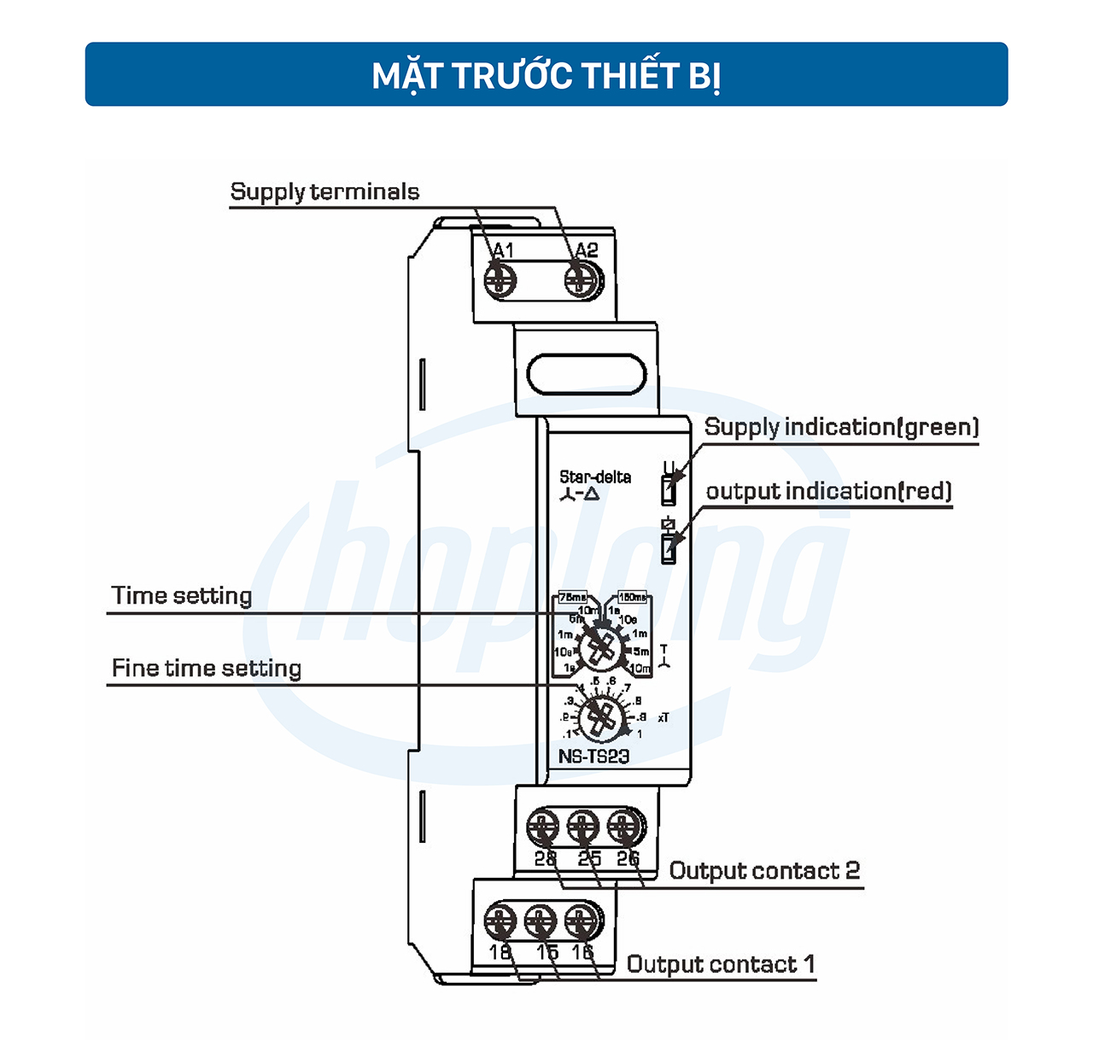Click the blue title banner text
pyautogui.click(x=546, y=75)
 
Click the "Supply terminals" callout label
pyautogui.click(x=324, y=191)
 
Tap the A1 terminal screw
pyautogui.click(x=500, y=280)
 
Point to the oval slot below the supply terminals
pyautogui.click(x=587, y=374)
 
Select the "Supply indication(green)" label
pyautogui.click(x=841, y=427)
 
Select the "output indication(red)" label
pyautogui.click(x=828, y=491)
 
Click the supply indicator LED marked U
pyautogui.click(x=669, y=491)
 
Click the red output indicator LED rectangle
pyautogui.click(x=669, y=548)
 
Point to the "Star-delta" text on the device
pyautogui.click(x=595, y=477)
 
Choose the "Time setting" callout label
pyautogui.click(x=182, y=595)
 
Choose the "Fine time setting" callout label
pyautogui.click(x=207, y=668)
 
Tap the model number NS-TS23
pyautogui.click(x=593, y=757)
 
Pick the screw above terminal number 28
pyautogui.click(x=543, y=827)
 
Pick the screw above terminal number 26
pyautogui.click(x=626, y=827)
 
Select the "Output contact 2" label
pyautogui.click(x=764, y=871)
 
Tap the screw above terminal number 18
pyautogui.click(x=500, y=921)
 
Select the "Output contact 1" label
pyautogui.click(x=721, y=965)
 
